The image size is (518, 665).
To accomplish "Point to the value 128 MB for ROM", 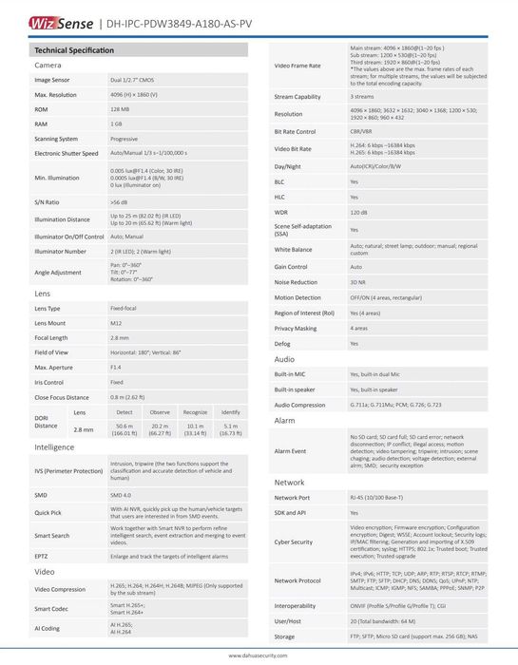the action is click(120, 109).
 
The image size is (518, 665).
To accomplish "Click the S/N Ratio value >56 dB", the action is click(119, 201).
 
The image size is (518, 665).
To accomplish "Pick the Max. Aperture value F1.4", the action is click(115, 366).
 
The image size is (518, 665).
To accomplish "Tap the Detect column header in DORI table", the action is click(124, 411).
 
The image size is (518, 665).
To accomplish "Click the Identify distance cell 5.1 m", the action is click(230, 430).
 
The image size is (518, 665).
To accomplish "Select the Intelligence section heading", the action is click(54, 446).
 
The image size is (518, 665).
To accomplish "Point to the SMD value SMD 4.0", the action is click(121, 495).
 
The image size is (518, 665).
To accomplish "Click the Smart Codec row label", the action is click(55, 607).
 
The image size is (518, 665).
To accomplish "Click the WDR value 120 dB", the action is click(359, 212).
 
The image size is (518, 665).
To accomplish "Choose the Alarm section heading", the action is click(285, 419).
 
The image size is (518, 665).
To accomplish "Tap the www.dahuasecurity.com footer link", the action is click(259, 655).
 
